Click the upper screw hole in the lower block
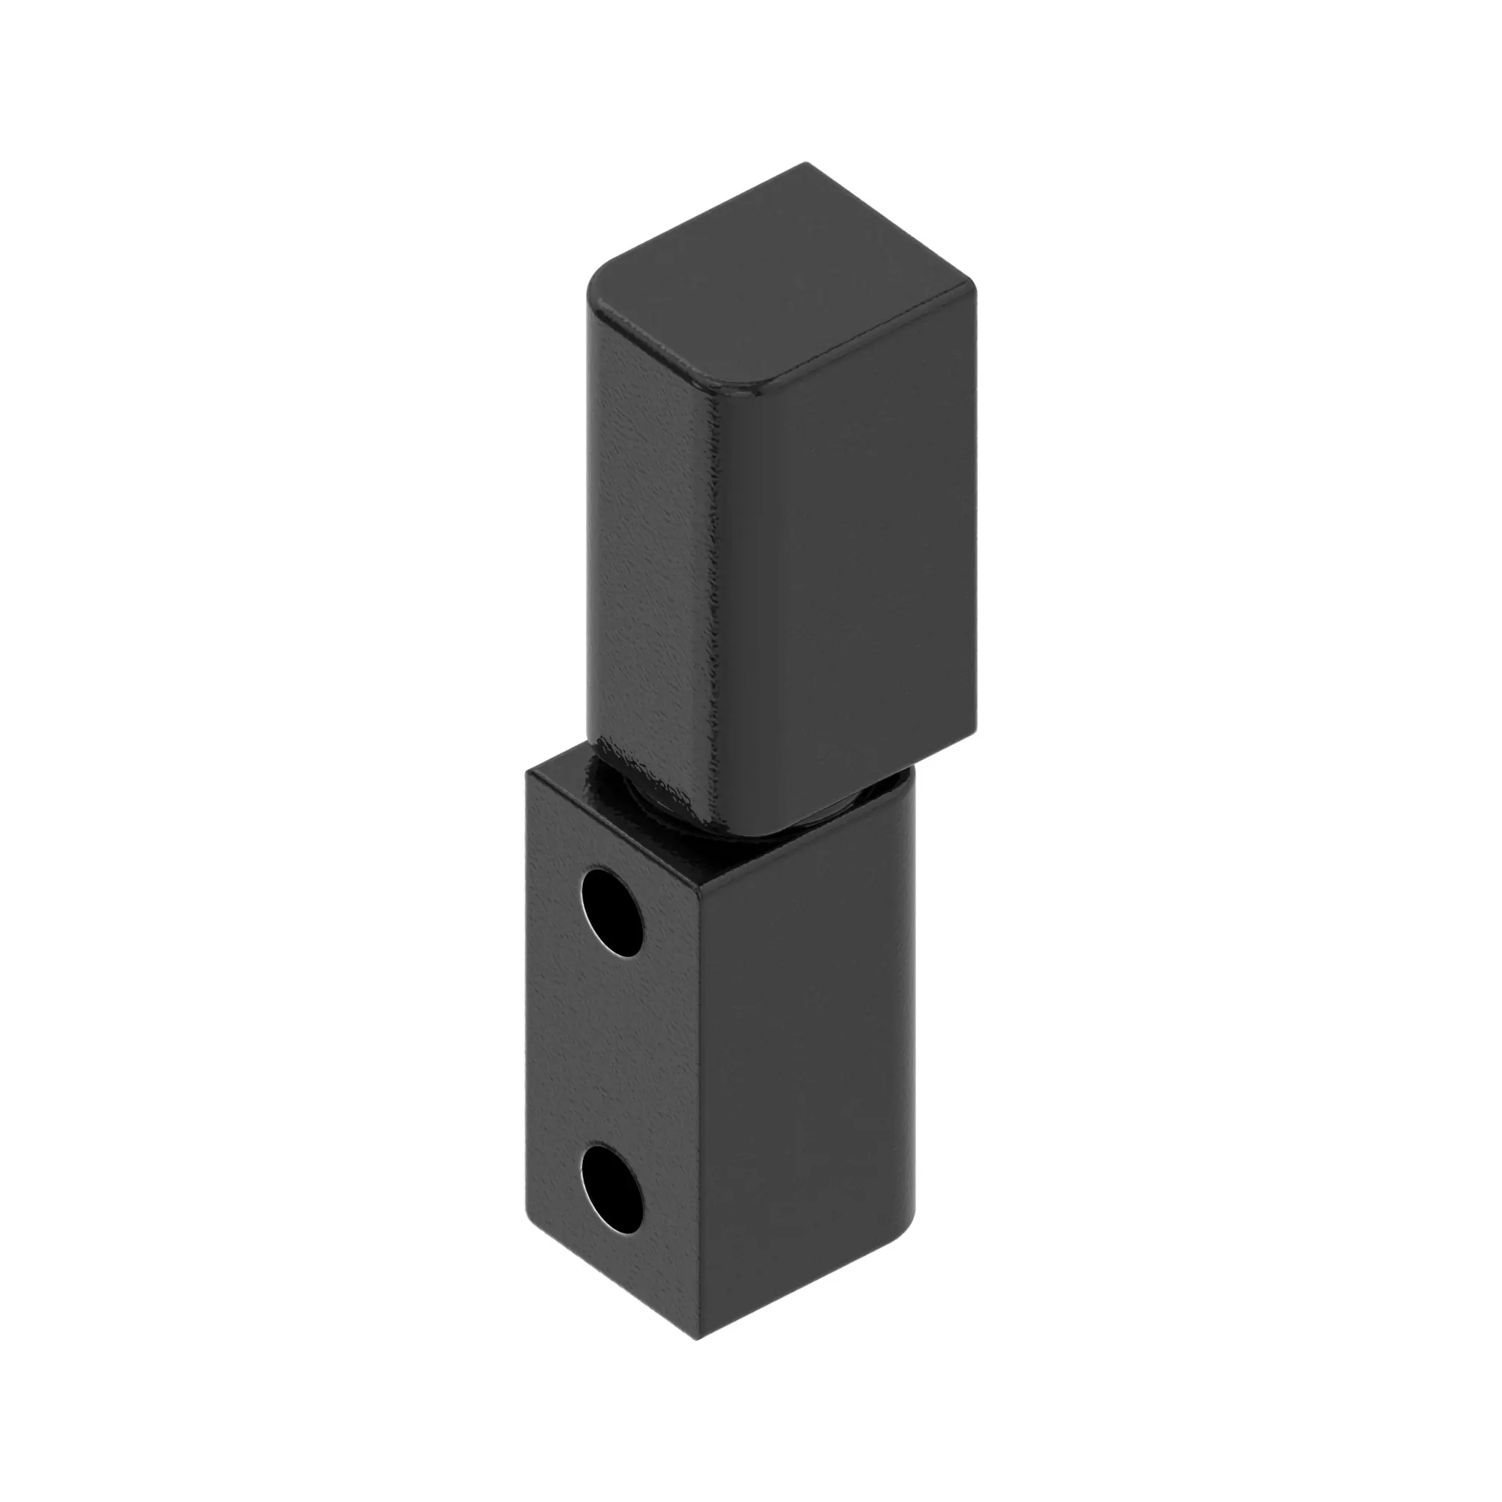tap(613, 912)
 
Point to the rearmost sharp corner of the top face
tap(805, 164)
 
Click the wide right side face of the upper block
tap(847, 559)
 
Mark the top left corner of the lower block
tap(529, 773)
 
